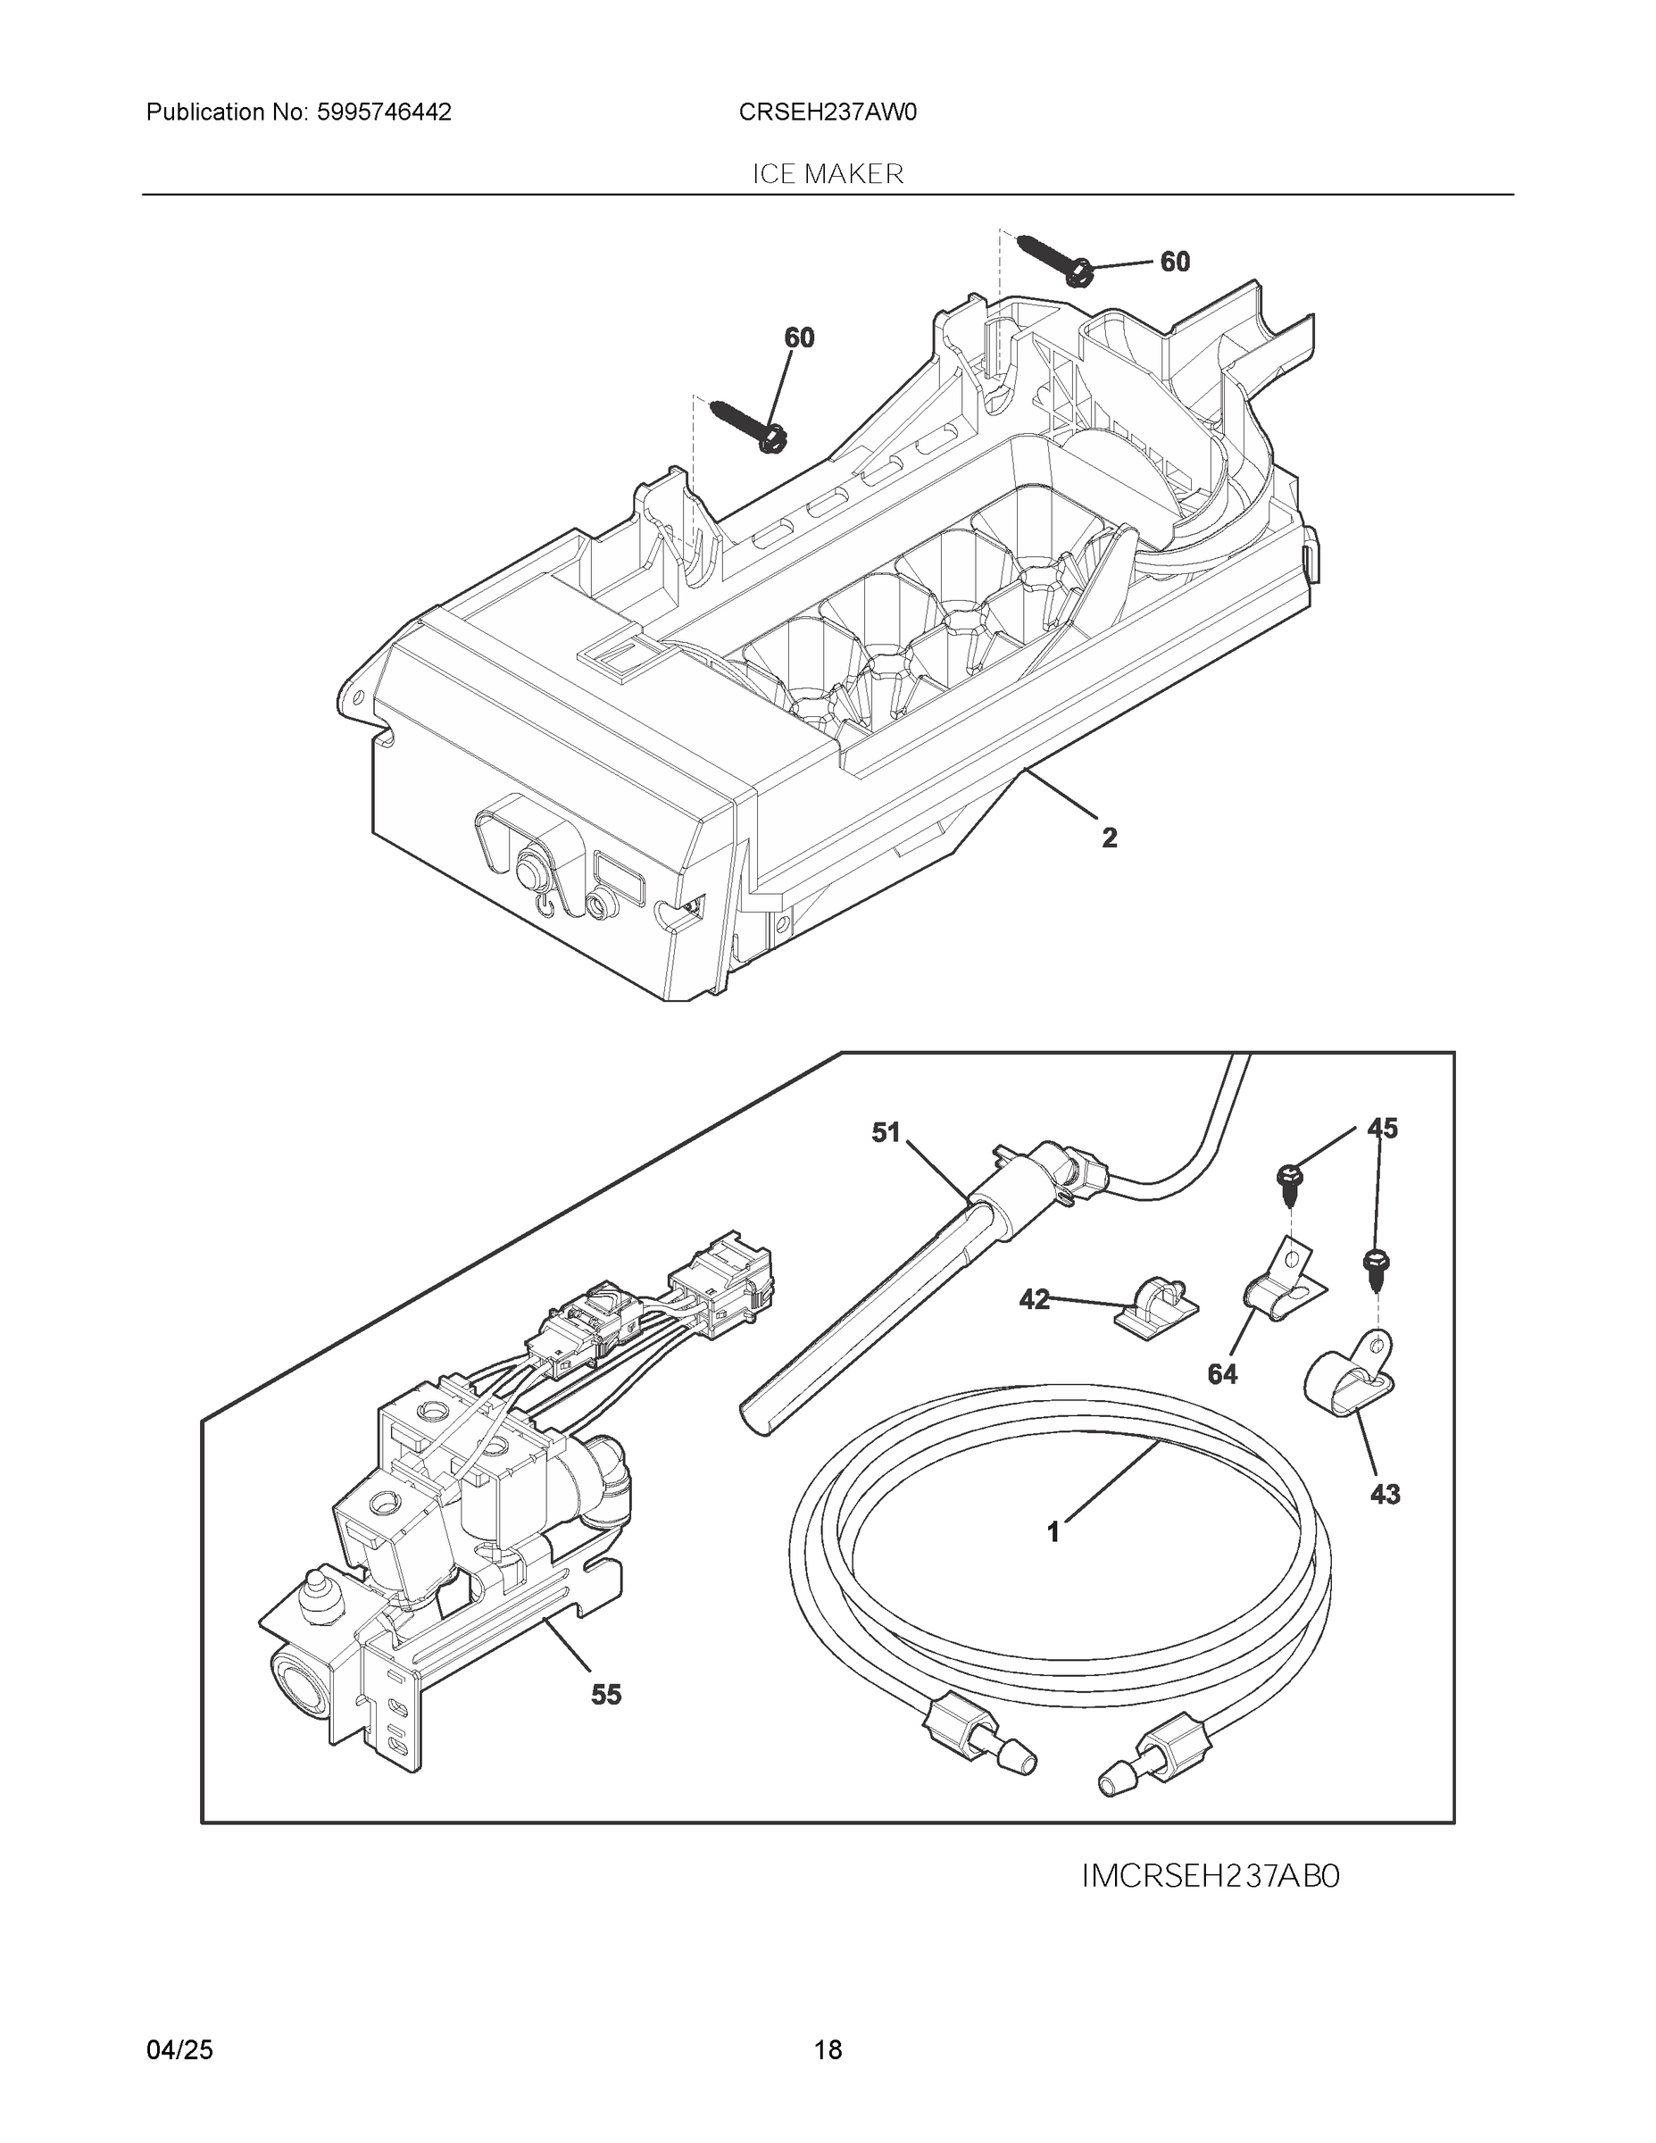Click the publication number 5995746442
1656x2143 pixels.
384,113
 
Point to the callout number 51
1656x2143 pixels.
885,1132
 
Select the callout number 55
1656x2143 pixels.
605,1695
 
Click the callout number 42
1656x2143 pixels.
1034,1300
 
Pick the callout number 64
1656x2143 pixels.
1221,1375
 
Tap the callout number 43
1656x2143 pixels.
1385,1495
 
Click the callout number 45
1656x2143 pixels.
1382,1129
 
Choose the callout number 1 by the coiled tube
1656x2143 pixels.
1053,1531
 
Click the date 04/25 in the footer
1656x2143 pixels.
179,2050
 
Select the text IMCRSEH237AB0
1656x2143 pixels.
1210,1877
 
